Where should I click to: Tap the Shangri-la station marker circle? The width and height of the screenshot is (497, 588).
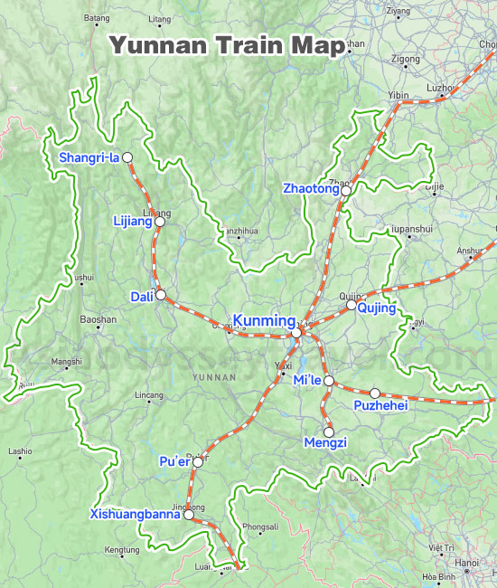click(x=127, y=157)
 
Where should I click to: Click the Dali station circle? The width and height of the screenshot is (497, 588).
click(x=161, y=294)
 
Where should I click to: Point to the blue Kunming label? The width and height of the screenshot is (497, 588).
click(x=264, y=321)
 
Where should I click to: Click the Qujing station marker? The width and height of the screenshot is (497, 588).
click(x=352, y=305)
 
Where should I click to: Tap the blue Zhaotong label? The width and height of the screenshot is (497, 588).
click(x=311, y=189)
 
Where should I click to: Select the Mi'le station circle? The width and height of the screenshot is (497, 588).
click(x=330, y=381)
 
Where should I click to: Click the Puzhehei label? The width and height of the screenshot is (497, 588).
click(x=380, y=405)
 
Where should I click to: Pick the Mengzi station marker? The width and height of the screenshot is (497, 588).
click(x=328, y=432)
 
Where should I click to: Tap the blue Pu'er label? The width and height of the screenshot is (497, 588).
click(x=174, y=462)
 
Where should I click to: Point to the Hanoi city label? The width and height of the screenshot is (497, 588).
click(x=466, y=562)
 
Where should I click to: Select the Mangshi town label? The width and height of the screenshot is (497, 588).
click(x=66, y=362)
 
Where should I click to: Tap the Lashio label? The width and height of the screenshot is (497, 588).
click(x=20, y=450)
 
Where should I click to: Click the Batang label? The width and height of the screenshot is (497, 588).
click(x=96, y=17)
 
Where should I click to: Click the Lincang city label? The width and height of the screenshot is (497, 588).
click(x=149, y=395)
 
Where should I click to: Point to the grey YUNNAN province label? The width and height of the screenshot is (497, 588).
click(x=214, y=377)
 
